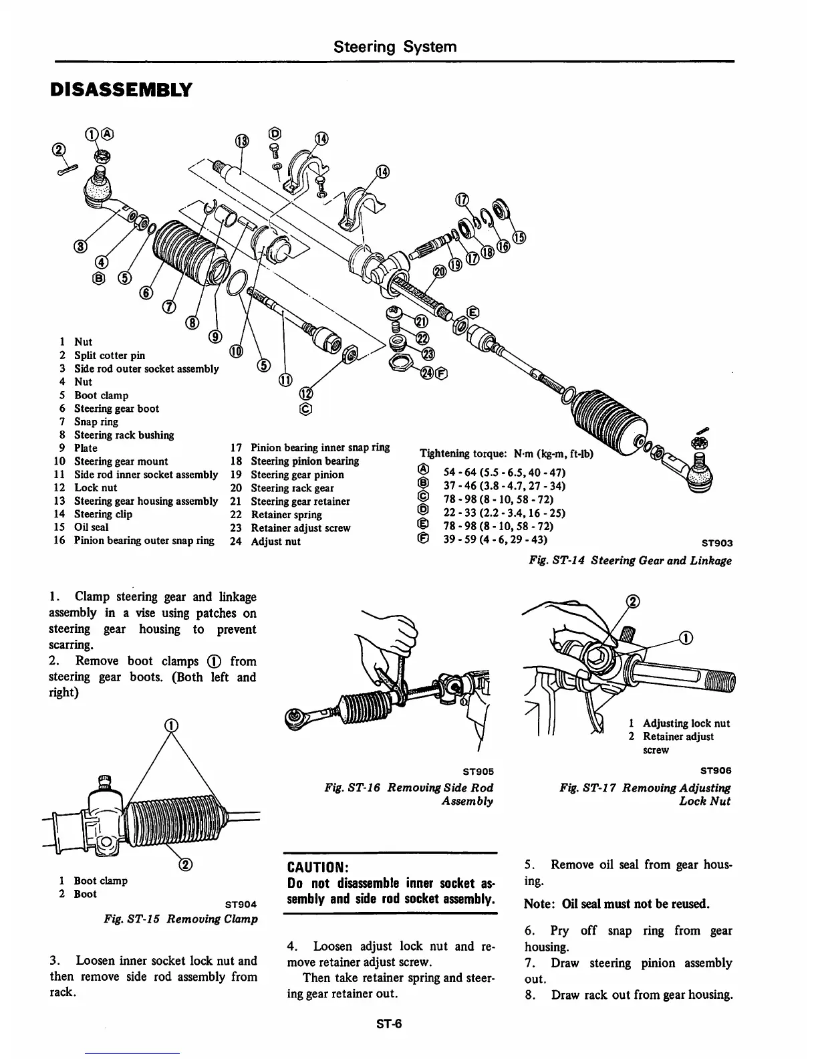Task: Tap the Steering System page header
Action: pos(395,46)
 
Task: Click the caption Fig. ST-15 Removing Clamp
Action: pos(180,919)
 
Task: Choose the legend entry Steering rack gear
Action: pos(292,488)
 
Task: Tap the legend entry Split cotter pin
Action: pos(109,355)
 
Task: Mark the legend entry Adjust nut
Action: pos(275,542)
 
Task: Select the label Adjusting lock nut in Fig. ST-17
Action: pos(686,723)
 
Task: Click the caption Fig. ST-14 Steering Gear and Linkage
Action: pos(630,560)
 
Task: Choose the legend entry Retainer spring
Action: pos(286,515)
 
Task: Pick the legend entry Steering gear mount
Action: pos(121,461)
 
